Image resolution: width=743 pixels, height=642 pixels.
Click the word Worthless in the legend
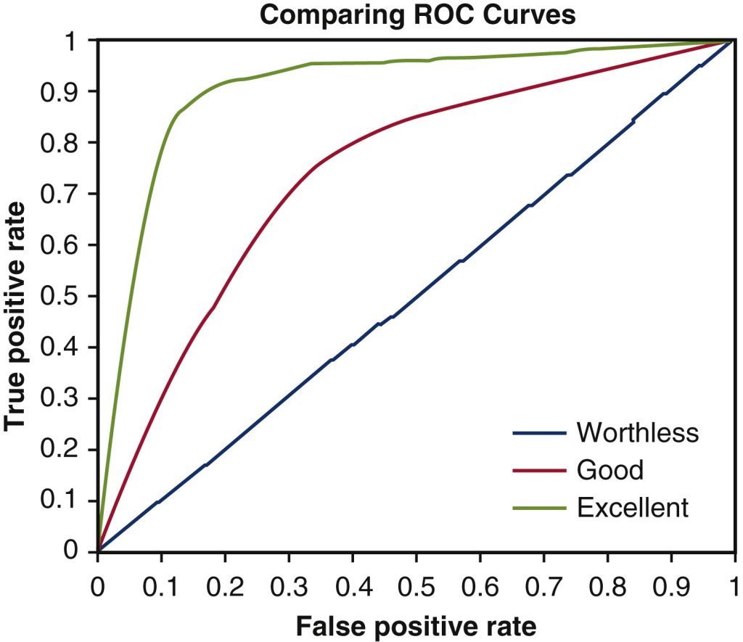(x=637, y=433)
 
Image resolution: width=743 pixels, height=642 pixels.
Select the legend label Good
(x=609, y=470)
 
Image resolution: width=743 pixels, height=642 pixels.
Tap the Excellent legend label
(x=632, y=507)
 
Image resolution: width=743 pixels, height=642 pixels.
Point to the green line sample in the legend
(x=540, y=508)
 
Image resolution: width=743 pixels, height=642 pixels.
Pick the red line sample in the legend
(x=540, y=471)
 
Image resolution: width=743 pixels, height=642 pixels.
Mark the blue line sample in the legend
(x=540, y=434)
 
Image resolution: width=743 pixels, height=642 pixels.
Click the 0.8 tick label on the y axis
(x=66, y=142)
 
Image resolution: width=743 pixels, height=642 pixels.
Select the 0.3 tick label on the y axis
(x=66, y=398)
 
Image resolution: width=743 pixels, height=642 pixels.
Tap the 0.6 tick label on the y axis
(x=66, y=244)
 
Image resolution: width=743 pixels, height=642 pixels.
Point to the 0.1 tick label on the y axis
(x=66, y=501)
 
